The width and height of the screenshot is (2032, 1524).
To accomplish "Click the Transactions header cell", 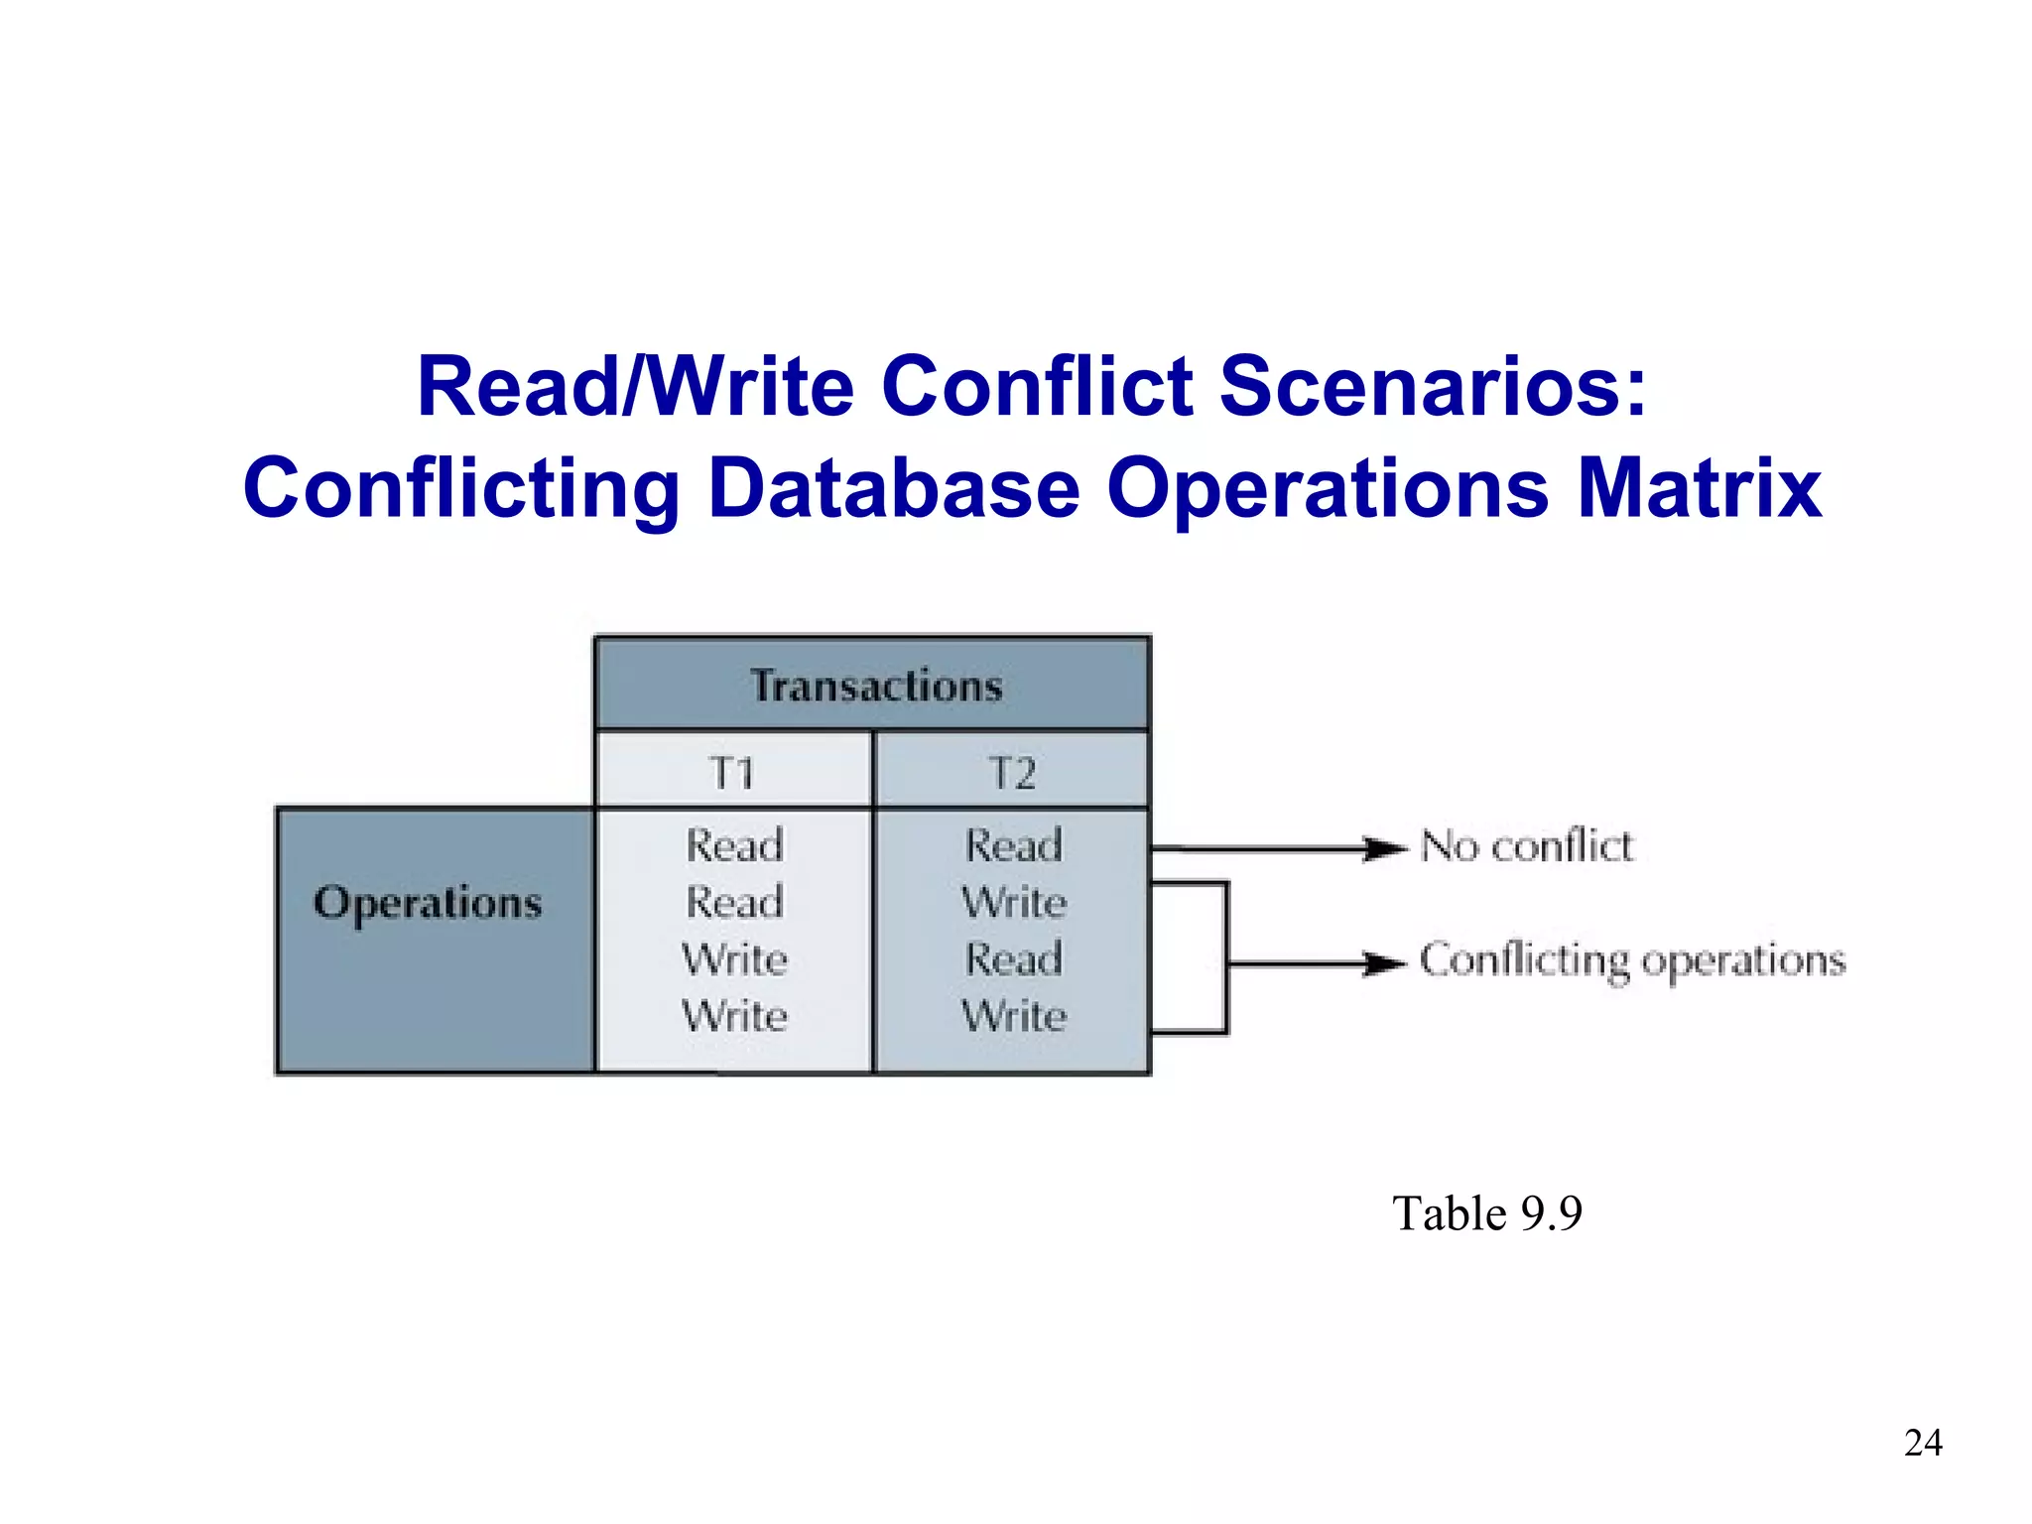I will [x=875, y=686].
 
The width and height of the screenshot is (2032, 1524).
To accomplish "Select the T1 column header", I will [x=733, y=773].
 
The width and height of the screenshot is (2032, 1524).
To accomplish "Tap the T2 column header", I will [x=1013, y=773].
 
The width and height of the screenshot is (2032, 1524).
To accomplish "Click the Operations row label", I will [x=428, y=903].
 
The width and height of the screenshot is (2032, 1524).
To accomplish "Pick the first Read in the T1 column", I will [x=734, y=845].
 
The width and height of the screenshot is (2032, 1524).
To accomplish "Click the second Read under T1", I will [x=734, y=902].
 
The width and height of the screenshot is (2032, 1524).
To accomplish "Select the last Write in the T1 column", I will [x=734, y=1015].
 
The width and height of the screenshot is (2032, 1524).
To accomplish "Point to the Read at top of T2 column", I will [x=1014, y=845].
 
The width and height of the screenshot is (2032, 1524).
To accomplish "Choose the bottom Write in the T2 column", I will [x=1014, y=1015].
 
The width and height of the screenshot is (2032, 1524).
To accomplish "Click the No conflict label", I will [x=1526, y=846].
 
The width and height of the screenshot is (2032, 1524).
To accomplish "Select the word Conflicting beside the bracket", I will [x=1523, y=960].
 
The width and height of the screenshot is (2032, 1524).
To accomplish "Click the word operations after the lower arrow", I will [x=1742, y=960].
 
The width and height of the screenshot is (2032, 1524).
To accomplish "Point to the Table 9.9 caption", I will [x=1486, y=1212].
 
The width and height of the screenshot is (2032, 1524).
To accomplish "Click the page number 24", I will [x=1923, y=1442].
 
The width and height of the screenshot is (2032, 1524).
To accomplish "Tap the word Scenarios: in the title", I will [x=1433, y=386].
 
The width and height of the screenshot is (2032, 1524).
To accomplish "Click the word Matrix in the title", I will [x=1699, y=487].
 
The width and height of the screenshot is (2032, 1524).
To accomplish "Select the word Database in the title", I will [x=894, y=487].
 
